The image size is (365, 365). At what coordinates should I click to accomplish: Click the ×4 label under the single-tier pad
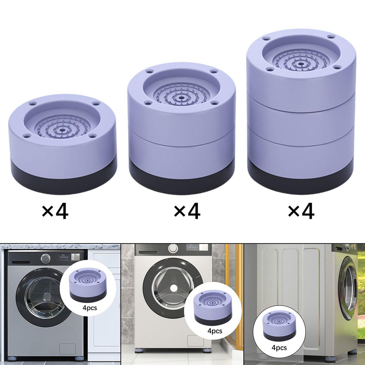coord(55,211)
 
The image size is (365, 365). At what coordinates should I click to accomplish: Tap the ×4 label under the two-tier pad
coord(187,211)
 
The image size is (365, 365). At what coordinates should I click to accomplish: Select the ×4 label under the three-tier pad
coord(301,211)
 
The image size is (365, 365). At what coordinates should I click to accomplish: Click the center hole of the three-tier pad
coord(301,63)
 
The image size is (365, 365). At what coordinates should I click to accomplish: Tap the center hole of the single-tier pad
coord(62,130)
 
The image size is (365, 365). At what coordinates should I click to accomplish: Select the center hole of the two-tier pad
coord(181,98)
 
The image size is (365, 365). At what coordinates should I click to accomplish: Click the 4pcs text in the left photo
coord(89,308)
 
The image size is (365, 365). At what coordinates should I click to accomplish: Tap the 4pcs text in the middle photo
coord(215,331)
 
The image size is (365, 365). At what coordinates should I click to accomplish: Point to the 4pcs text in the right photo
coord(279,348)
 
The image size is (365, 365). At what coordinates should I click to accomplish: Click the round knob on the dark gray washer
coord(46,258)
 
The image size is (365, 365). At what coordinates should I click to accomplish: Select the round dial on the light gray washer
coord(174,248)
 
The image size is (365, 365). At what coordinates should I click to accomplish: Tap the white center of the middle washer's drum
coord(173,288)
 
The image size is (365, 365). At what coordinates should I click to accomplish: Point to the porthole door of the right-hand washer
coord(348,288)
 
